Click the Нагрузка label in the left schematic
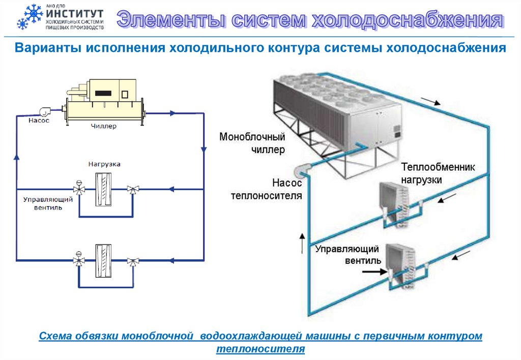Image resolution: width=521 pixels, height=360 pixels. (104, 164)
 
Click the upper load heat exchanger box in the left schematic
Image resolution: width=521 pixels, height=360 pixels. (104, 189)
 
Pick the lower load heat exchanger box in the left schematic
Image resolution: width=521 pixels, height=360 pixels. (104, 260)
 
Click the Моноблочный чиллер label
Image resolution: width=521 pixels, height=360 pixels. (252, 143)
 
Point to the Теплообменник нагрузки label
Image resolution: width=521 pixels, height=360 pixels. (438, 173)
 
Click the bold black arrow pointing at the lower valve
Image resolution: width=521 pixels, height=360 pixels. (373, 272)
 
